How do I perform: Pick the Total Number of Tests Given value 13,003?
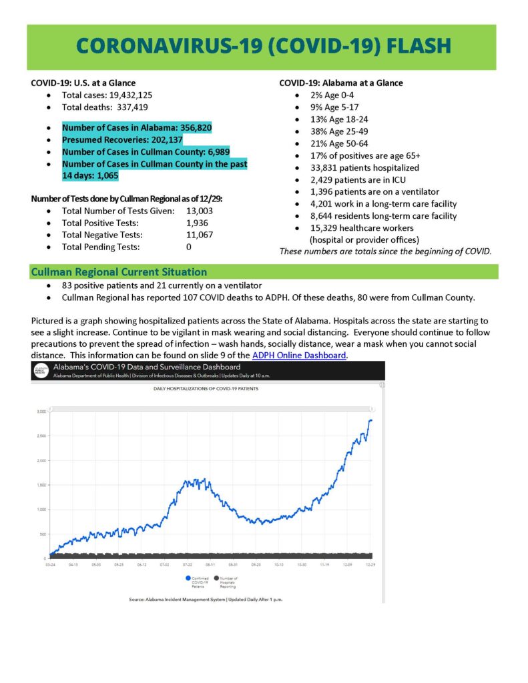pos(200,211)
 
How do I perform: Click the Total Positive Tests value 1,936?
pos(197,223)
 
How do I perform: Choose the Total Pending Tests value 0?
pos(189,247)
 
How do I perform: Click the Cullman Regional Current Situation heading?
pos(119,272)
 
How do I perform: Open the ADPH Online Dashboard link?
pos(299,356)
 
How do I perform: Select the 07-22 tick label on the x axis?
pos(188,564)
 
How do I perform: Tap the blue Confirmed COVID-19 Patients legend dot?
pos(190,578)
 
